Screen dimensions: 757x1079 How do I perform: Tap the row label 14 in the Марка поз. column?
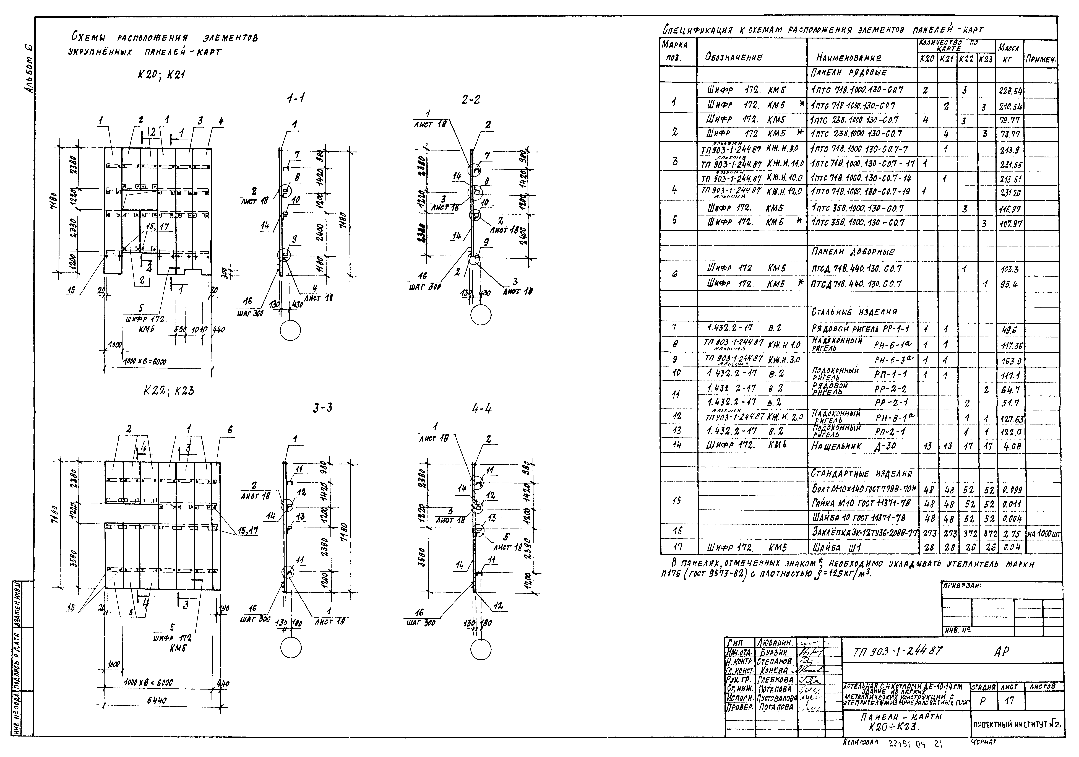tap(677, 445)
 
